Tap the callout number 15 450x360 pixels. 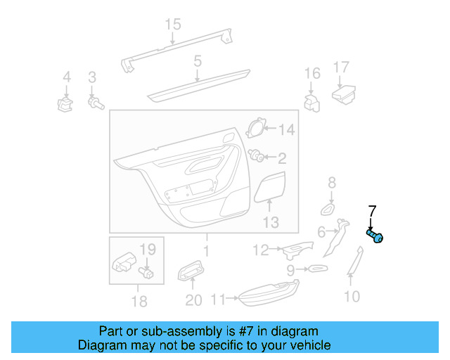point(173,25)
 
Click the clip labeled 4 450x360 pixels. point(65,105)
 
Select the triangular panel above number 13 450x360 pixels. point(271,187)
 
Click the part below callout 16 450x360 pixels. point(311,102)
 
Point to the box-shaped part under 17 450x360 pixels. point(343,93)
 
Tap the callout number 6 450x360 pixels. point(321,232)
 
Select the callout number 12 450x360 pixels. point(261,250)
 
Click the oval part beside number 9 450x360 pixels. point(316,269)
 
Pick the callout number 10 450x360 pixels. point(352,297)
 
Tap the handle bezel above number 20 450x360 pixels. point(191,270)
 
